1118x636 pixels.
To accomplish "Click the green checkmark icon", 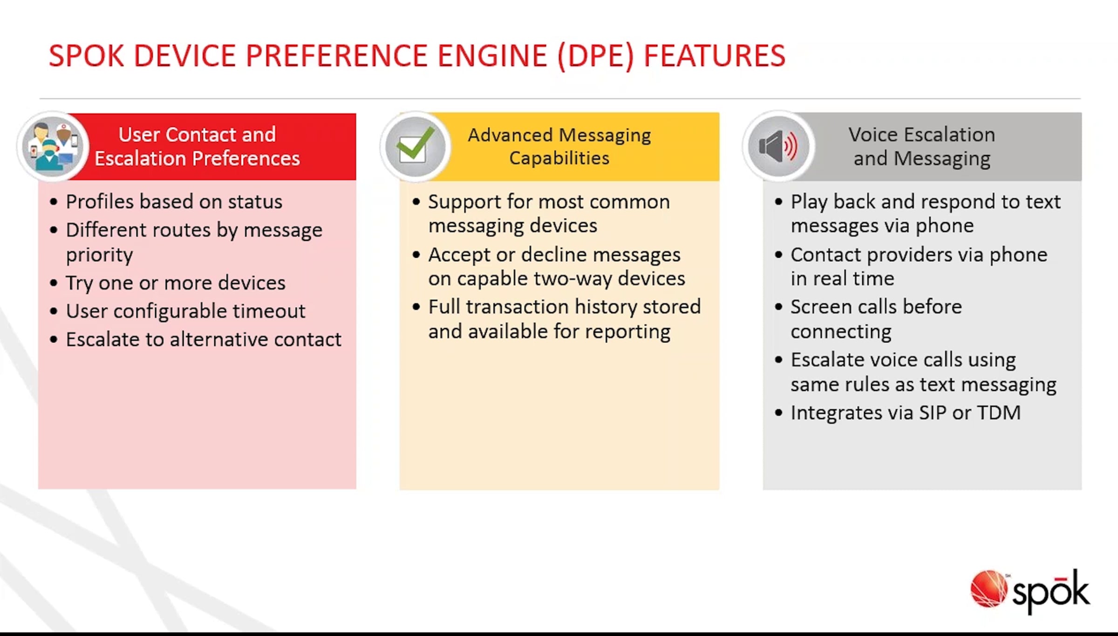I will (414, 147).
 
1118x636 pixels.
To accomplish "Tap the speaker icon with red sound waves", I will (777, 146).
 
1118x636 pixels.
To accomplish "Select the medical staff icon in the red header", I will (52, 146).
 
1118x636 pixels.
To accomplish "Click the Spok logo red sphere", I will (988, 589).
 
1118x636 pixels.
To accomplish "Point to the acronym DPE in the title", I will (595, 56).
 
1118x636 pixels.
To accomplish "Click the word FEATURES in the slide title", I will (715, 56).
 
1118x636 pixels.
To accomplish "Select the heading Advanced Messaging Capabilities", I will (559, 147).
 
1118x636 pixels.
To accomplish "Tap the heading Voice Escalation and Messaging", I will (921, 147).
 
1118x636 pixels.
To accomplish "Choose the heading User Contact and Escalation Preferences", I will (197, 147).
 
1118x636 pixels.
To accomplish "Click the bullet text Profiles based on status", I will (174, 202).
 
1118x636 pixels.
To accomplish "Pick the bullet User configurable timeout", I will (185, 311).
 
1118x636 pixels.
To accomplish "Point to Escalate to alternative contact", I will (203, 340).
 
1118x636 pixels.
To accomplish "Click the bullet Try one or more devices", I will (175, 283).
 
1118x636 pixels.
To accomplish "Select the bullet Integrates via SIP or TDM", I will (905, 413).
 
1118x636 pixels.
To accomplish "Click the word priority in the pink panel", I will (99, 255).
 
